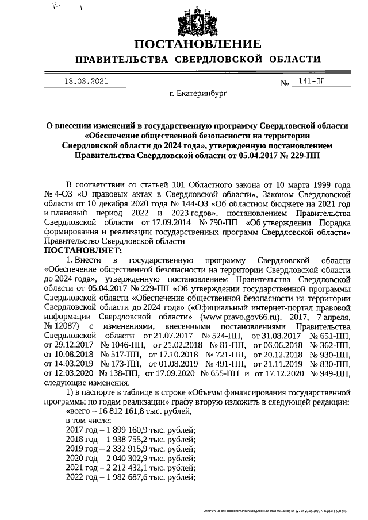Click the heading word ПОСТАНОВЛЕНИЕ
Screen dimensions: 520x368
(198, 44)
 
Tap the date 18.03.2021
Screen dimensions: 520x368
(86, 82)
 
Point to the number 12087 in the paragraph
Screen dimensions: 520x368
(62, 325)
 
